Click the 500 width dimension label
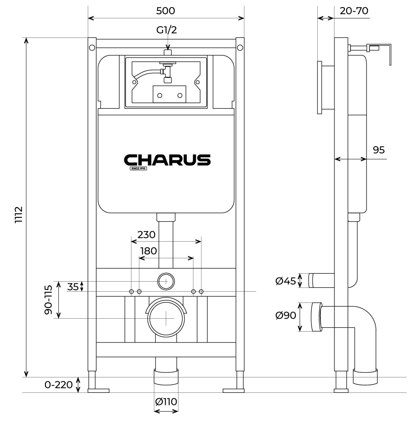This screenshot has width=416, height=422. click(x=166, y=11)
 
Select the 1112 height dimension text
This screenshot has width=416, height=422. click(x=18, y=215)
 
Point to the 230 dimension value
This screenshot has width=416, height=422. click(x=146, y=235)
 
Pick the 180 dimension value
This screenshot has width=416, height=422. click(x=149, y=251)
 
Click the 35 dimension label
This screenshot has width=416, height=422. click(x=73, y=287)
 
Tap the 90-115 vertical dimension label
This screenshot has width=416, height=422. click(x=49, y=300)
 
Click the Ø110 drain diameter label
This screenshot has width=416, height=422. click(x=166, y=402)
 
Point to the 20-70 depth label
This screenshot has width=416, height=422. click(x=354, y=11)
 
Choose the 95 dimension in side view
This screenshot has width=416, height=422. click(x=379, y=150)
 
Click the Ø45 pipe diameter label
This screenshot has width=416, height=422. click(x=286, y=281)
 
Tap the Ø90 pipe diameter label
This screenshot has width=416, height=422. click(x=286, y=315)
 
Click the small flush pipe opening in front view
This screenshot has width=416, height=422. click(x=166, y=282)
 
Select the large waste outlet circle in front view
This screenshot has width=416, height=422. click(x=166, y=318)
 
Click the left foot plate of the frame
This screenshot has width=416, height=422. click(x=99, y=390)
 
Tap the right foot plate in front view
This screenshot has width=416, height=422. click(x=233, y=390)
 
